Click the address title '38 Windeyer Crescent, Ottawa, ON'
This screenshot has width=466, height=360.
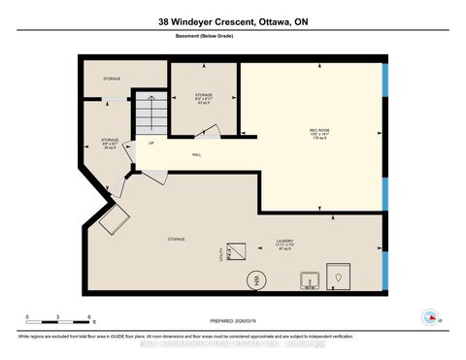(x=232, y=21)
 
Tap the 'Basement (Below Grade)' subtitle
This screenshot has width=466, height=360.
(x=232, y=39)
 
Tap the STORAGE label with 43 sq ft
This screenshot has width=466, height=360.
(x=203, y=98)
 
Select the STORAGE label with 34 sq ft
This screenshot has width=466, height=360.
(x=109, y=146)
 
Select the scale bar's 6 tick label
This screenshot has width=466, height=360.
(x=89, y=318)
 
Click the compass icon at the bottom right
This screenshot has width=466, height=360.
(x=430, y=315)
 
